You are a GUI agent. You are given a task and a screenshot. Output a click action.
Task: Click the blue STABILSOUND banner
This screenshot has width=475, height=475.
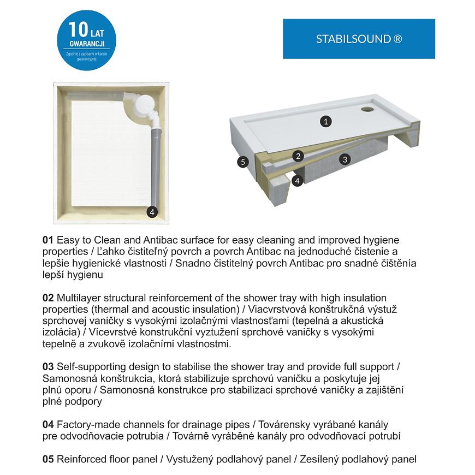point(359,39)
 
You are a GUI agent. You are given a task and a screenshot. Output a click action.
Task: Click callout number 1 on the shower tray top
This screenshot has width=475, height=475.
point(325,121)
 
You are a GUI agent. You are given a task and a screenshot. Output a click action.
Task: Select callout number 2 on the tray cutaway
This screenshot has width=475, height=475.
point(298,156)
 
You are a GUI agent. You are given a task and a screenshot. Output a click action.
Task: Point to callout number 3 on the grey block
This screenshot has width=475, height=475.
point(344,159)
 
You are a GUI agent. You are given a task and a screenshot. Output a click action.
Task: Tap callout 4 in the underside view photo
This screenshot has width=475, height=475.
point(152,212)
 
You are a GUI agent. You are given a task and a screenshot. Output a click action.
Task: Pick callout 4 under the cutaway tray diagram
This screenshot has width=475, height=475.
point(297,180)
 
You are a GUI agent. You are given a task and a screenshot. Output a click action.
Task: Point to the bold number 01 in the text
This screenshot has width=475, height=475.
point(48,240)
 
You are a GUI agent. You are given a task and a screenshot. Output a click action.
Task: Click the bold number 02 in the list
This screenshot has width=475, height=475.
point(48,298)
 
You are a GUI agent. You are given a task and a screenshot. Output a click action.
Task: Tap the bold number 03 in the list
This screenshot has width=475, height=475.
point(48,367)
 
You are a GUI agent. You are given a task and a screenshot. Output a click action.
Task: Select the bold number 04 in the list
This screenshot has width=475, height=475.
point(48,424)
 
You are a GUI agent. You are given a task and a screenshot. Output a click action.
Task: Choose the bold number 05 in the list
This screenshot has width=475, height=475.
point(48,459)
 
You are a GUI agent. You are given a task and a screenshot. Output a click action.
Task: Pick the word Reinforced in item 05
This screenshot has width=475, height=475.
point(81,459)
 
